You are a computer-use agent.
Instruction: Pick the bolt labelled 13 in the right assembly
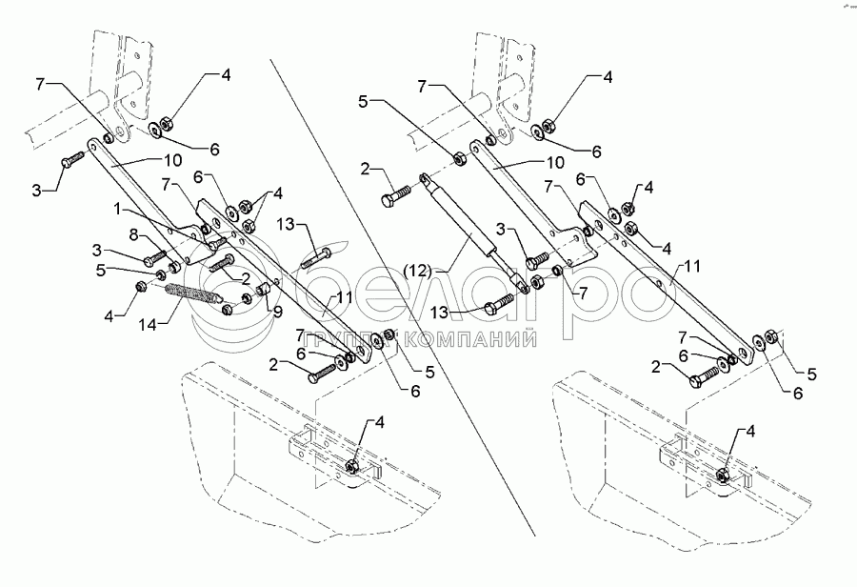498,307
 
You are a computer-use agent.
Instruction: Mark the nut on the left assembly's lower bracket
353,466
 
